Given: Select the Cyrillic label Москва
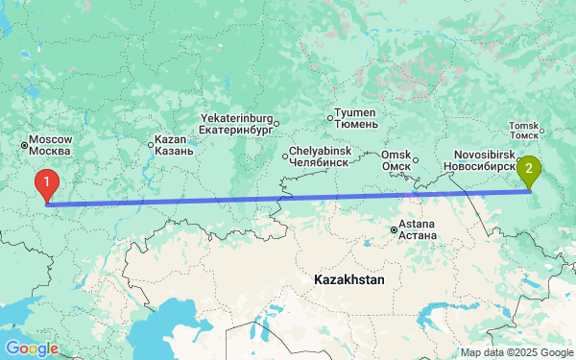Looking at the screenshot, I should (x=51, y=152).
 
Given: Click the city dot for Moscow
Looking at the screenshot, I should (x=25, y=146).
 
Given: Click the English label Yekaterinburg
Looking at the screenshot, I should (x=235, y=118).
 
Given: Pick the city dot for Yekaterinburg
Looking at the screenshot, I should (x=276, y=123).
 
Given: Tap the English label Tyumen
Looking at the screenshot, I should (x=357, y=113).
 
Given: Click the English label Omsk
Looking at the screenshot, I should (x=396, y=155).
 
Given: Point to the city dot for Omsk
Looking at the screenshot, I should (x=415, y=159).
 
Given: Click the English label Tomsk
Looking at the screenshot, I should (x=524, y=125).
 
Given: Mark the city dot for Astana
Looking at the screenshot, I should (x=394, y=229).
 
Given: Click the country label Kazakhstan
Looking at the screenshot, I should (x=348, y=280).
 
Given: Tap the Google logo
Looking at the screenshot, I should (x=32, y=348).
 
